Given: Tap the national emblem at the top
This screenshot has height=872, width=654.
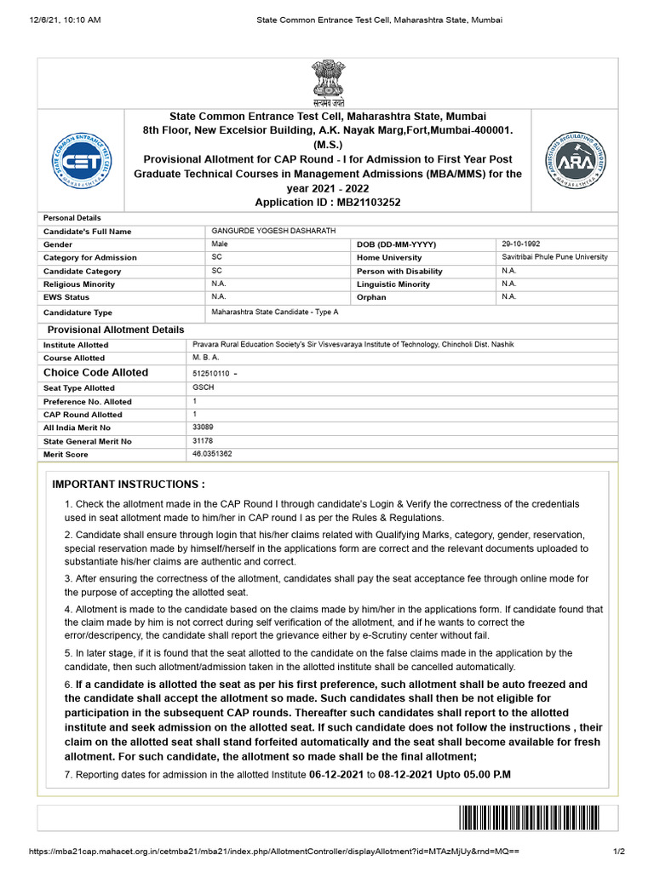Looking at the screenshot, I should click(327, 82).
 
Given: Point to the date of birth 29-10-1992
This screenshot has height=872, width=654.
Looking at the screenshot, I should click(521, 244).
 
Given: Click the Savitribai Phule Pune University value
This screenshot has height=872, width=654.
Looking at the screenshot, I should click(554, 257).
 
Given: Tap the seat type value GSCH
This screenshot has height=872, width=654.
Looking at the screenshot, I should click(204, 387).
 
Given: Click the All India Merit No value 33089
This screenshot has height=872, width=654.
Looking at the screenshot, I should click(204, 427).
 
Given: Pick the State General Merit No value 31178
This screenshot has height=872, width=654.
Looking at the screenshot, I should click(204, 440).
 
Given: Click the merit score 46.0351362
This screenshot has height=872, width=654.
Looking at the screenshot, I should click(212, 454).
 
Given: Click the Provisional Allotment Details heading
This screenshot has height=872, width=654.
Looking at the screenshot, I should click(115, 330).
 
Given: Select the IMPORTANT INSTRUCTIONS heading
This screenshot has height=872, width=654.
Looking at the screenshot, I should click(129, 484).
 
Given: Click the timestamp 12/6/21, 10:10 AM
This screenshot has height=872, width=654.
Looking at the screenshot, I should click(53, 20).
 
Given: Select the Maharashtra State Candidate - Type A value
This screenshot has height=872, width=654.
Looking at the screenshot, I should click(274, 313).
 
